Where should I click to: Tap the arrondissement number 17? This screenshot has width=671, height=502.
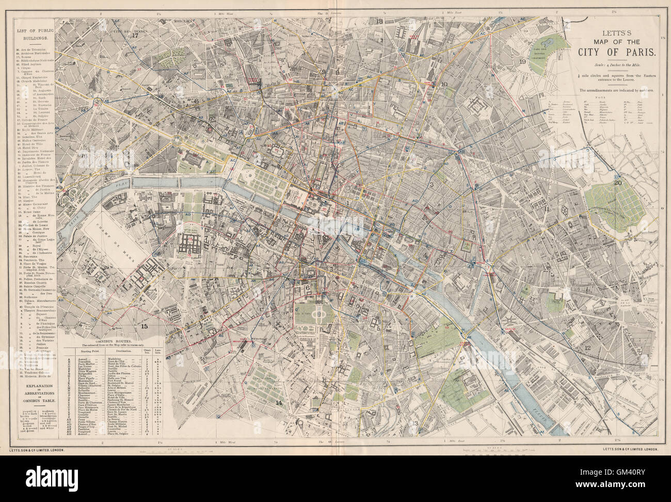point(136,36)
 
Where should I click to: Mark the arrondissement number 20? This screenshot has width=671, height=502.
point(617,182)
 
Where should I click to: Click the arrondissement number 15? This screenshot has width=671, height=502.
point(145,326)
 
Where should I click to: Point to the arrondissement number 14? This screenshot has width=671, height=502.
point(279,402)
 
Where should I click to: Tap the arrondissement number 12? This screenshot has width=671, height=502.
point(587,348)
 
